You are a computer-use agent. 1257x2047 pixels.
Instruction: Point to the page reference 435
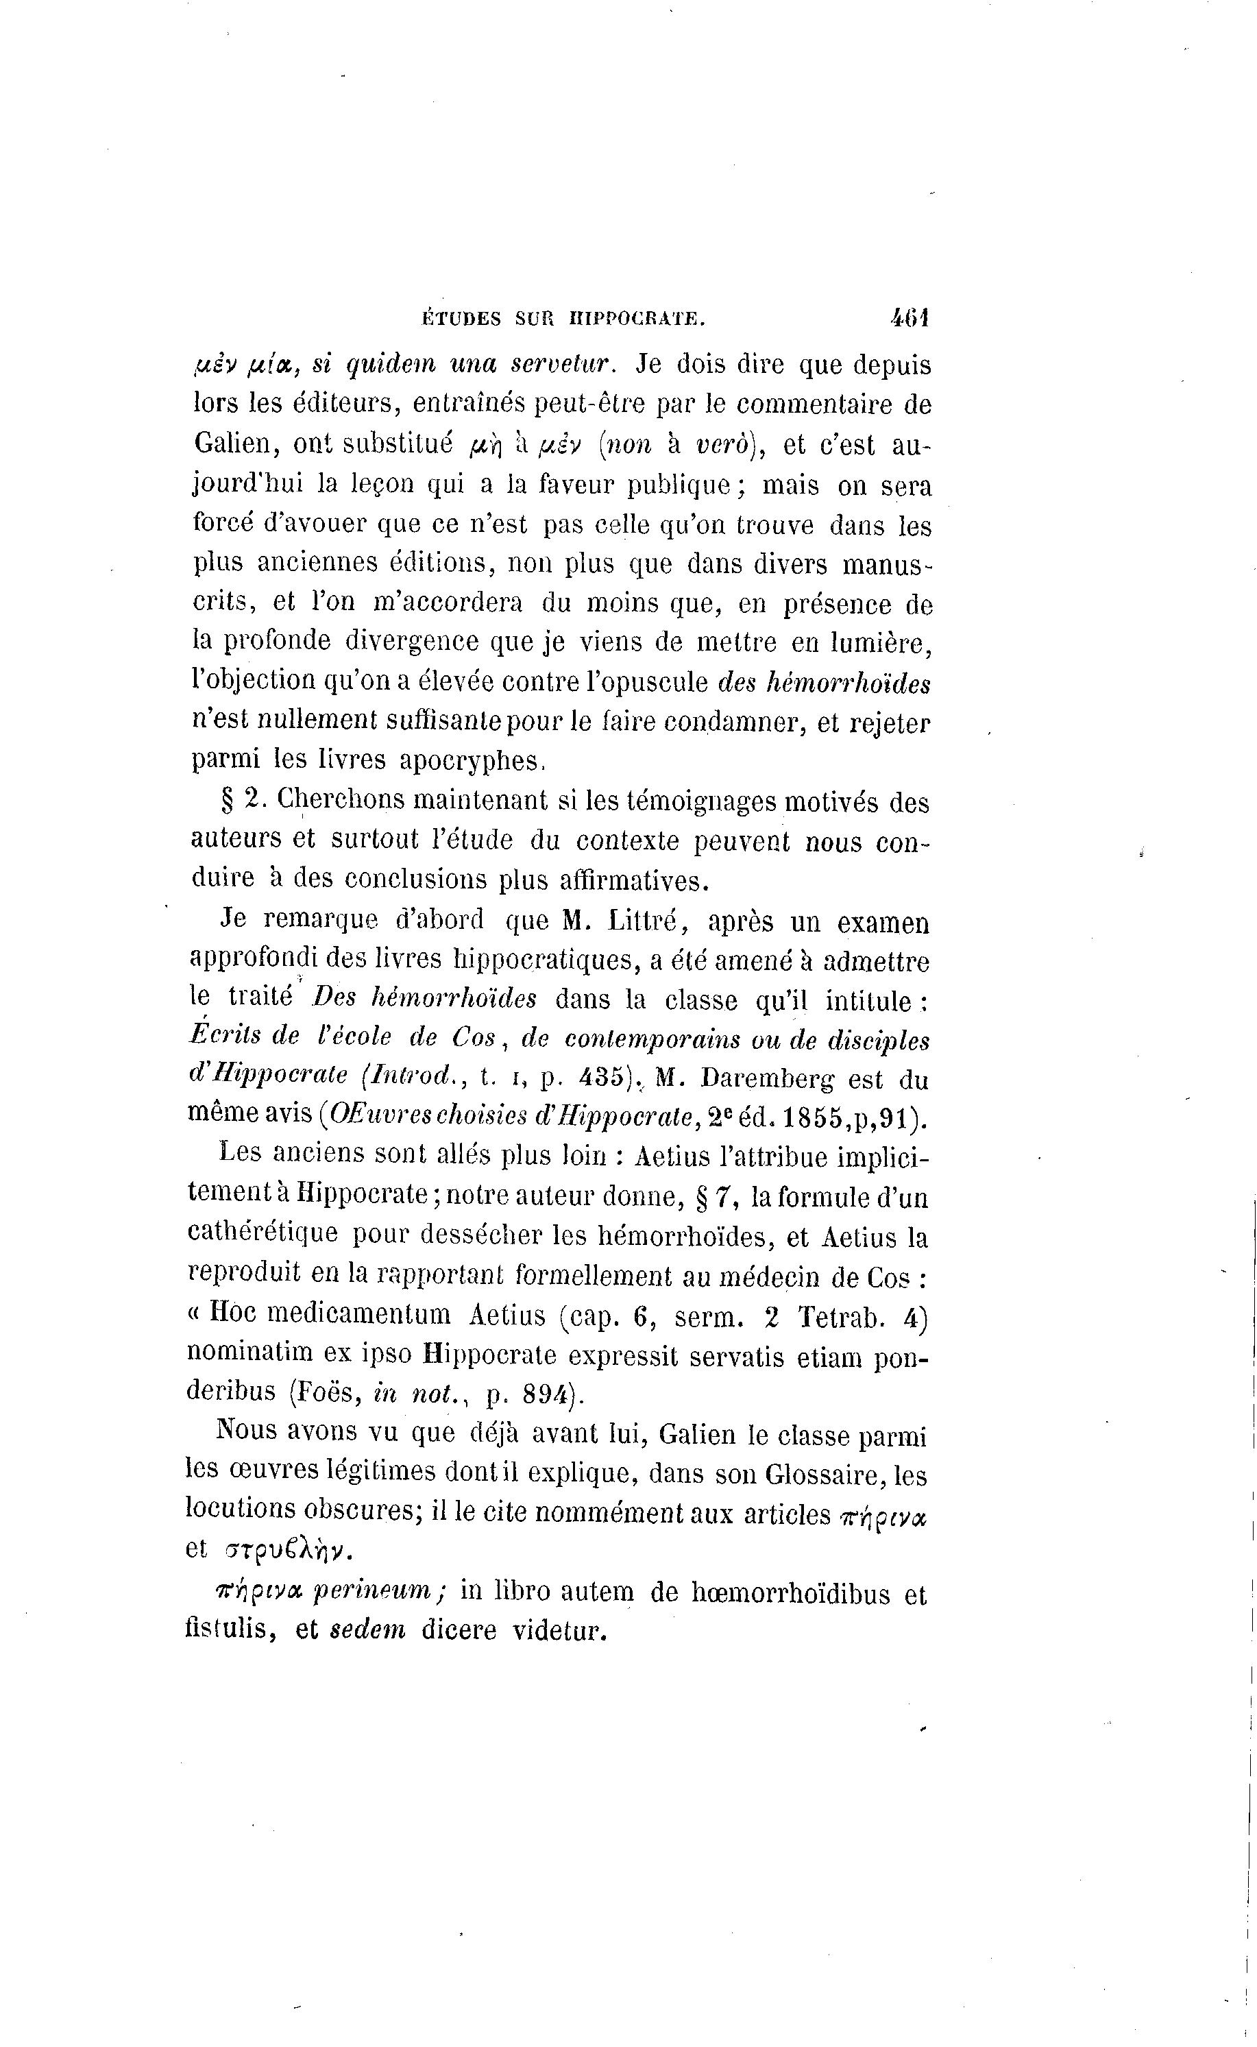tap(602, 1079)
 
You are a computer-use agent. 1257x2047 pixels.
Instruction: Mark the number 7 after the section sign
tap(722, 1197)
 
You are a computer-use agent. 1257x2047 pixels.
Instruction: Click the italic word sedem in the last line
tap(367, 1630)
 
